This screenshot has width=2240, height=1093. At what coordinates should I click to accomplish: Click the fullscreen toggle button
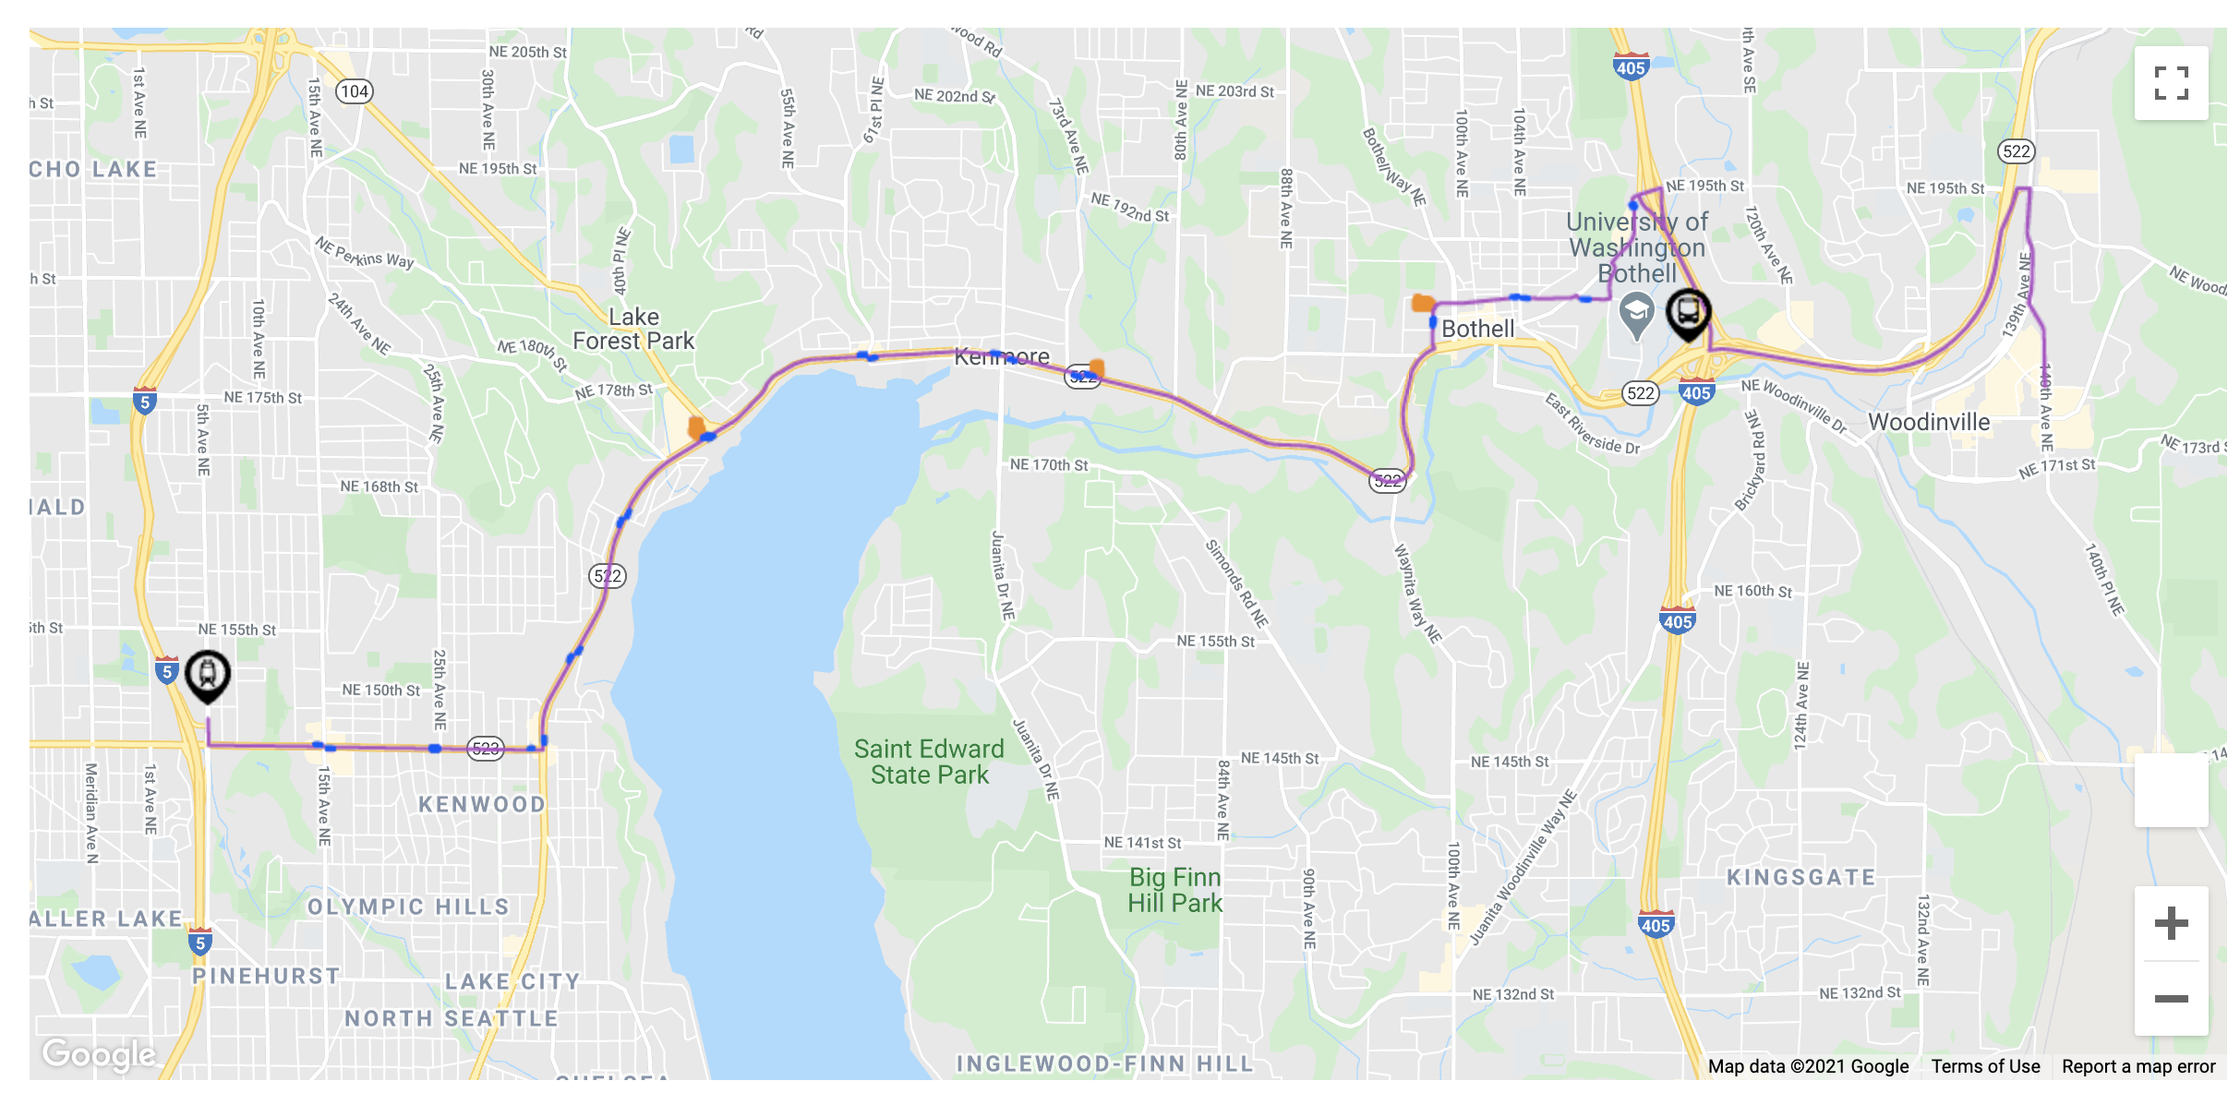2171,83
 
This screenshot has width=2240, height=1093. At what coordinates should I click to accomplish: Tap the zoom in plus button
2171,923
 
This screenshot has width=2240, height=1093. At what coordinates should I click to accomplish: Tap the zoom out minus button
2171,999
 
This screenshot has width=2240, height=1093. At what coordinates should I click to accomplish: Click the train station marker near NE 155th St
208,674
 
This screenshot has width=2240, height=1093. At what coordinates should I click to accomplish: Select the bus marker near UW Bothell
1688,312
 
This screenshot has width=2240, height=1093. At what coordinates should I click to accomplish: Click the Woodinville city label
1929,422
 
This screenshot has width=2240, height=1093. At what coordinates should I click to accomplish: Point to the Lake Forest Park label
633,330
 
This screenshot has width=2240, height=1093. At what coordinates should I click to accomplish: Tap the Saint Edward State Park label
929,762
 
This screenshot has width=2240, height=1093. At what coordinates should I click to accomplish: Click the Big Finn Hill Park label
1174,890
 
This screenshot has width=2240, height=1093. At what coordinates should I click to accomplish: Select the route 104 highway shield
355,91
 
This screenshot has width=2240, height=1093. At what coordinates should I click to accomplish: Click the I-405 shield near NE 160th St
1677,620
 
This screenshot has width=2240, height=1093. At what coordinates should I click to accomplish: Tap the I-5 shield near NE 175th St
144,402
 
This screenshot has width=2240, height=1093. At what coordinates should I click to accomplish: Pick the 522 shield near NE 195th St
2016,151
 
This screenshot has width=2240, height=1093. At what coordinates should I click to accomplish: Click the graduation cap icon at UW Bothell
1636,312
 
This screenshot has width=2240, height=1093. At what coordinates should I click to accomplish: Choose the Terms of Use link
1985,1066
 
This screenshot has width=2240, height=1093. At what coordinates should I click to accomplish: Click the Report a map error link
2138,1066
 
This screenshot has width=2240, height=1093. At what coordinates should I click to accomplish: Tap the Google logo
99,1053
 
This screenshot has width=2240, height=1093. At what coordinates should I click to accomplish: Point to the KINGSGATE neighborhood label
1800,877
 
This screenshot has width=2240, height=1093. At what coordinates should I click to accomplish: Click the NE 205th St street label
527,53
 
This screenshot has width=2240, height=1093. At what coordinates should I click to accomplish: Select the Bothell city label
1477,329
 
